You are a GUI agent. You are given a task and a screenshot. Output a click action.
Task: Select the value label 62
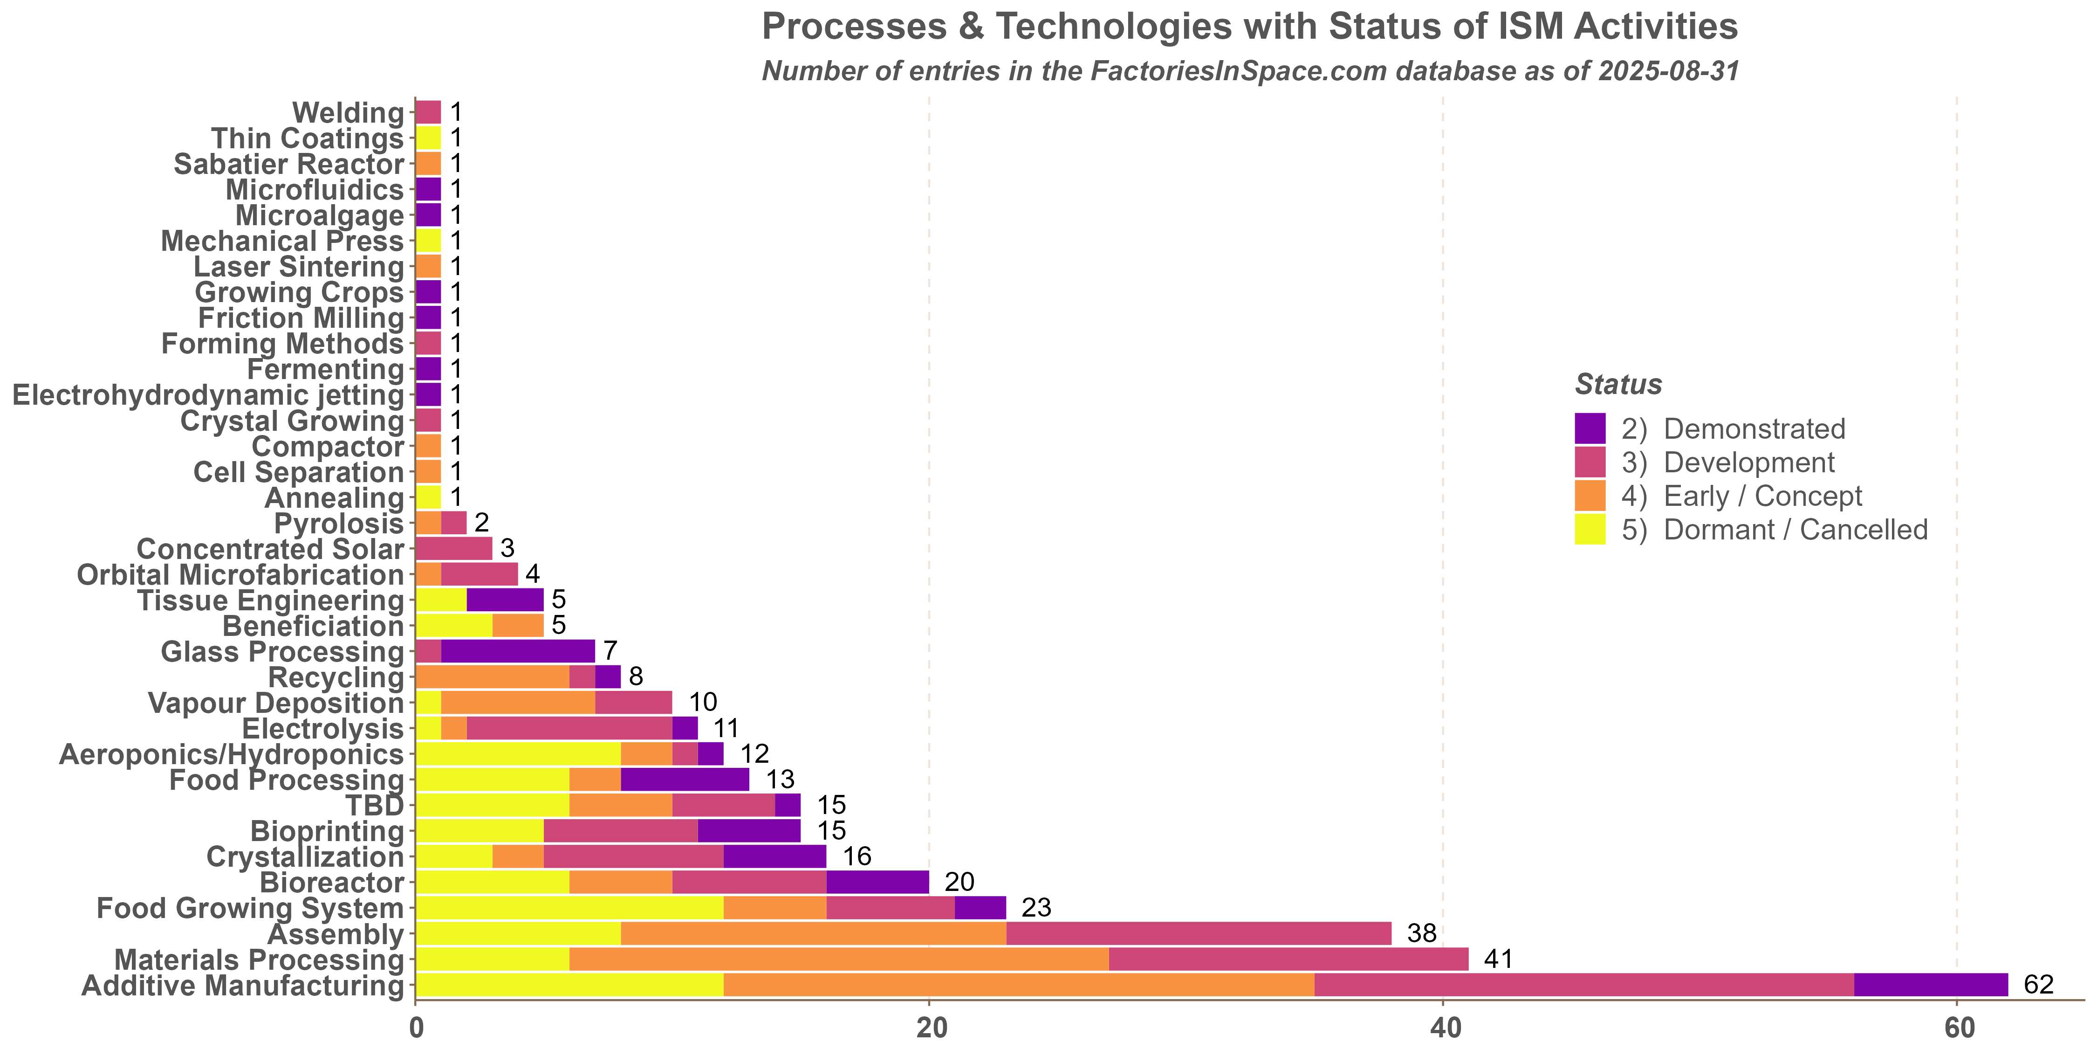[x=2038, y=985]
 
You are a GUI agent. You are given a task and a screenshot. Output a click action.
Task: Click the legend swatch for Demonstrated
[x=1590, y=428]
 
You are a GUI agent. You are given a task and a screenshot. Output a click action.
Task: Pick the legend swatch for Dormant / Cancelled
[x=1590, y=529]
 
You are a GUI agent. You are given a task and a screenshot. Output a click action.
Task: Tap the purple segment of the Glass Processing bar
[x=518, y=652]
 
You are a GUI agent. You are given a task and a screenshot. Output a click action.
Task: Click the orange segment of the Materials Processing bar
[x=838, y=959]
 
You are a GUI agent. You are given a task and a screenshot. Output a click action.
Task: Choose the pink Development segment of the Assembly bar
[x=1198, y=933]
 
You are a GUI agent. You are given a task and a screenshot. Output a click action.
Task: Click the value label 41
[x=1498, y=959]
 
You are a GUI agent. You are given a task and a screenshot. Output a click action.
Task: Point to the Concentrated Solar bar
[x=453, y=549]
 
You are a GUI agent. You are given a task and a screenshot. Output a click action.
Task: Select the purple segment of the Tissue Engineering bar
[x=505, y=600]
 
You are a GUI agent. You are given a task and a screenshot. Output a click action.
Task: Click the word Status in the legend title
[x=1618, y=385]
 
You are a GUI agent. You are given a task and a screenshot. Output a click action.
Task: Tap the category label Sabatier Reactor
[x=289, y=164]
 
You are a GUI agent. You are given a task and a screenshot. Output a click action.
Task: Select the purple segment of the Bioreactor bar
[x=877, y=882]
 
